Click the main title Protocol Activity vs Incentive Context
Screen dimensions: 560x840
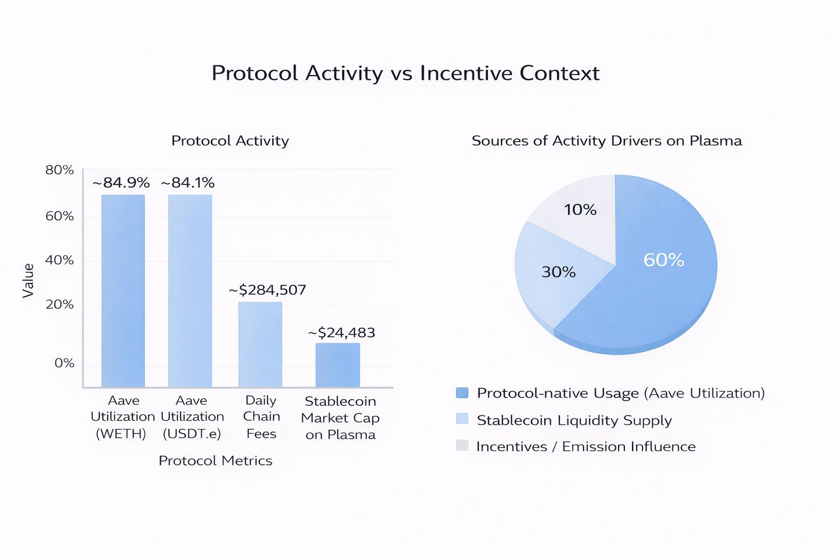(x=405, y=73)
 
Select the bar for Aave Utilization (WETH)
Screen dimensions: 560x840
(x=123, y=290)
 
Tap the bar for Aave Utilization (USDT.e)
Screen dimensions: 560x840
(x=190, y=290)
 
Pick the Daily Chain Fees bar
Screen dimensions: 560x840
(x=260, y=345)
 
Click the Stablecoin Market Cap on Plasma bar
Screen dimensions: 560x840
(x=337, y=365)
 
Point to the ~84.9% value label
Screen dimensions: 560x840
(x=121, y=183)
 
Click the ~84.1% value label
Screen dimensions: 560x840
(x=188, y=183)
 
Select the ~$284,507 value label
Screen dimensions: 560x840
(x=267, y=290)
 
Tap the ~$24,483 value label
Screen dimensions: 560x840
(x=341, y=332)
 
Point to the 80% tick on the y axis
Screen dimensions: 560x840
(x=60, y=170)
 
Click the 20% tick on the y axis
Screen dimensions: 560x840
(x=60, y=305)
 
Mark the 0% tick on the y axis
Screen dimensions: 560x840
(x=65, y=363)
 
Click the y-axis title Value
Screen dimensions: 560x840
(x=28, y=281)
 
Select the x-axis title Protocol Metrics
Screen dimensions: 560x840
(x=215, y=460)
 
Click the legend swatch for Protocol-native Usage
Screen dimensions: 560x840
(x=462, y=393)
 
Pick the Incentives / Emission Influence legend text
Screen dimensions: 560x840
(x=586, y=446)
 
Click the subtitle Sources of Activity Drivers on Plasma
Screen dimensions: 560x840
(x=606, y=141)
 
